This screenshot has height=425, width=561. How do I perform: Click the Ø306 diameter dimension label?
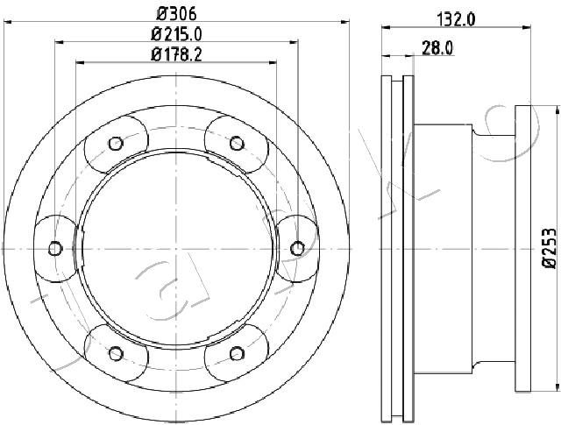(x=177, y=14)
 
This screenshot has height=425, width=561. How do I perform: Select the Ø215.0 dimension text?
(x=176, y=34)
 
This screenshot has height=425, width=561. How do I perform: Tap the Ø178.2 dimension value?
(x=176, y=54)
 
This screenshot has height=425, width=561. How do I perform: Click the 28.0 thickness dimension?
(x=437, y=47)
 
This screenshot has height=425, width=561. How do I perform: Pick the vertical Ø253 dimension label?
(x=550, y=248)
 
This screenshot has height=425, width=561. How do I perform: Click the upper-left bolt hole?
(x=116, y=144)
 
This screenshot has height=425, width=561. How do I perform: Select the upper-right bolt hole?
(x=237, y=144)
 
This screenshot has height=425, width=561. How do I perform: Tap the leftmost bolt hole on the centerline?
(x=55, y=248)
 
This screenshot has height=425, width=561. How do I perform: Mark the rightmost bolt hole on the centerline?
(x=297, y=248)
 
